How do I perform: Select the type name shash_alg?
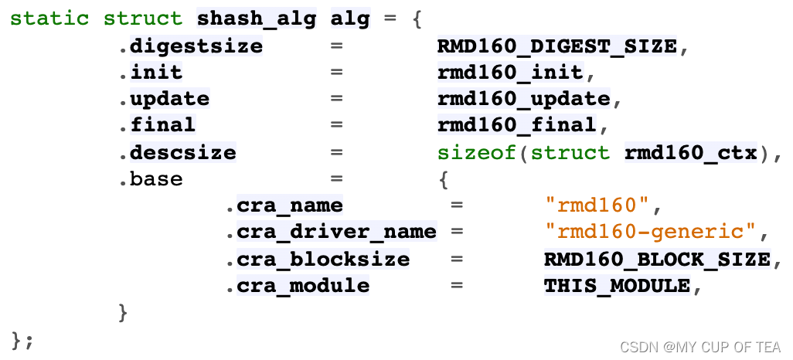point(257,19)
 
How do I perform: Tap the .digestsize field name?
point(192,46)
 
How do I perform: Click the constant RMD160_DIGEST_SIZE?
point(557,46)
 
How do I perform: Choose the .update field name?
point(165,100)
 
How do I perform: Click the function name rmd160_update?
point(523,100)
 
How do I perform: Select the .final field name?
point(158,126)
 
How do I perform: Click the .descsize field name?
point(179,153)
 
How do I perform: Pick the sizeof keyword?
point(477,153)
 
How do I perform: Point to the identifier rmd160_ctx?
point(690,153)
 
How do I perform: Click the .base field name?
point(151,179)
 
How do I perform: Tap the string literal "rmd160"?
point(597,206)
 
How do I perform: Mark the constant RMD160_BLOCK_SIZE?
point(657,260)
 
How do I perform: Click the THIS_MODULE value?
point(617,286)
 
